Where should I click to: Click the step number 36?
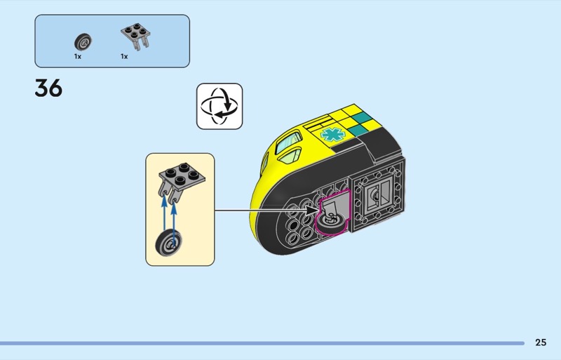click(48, 88)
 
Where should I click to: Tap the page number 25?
click(540, 342)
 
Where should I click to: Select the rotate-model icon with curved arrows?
click(219, 106)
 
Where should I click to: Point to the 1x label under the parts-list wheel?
click(78, 56)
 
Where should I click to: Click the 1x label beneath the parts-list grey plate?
click(124, 56)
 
